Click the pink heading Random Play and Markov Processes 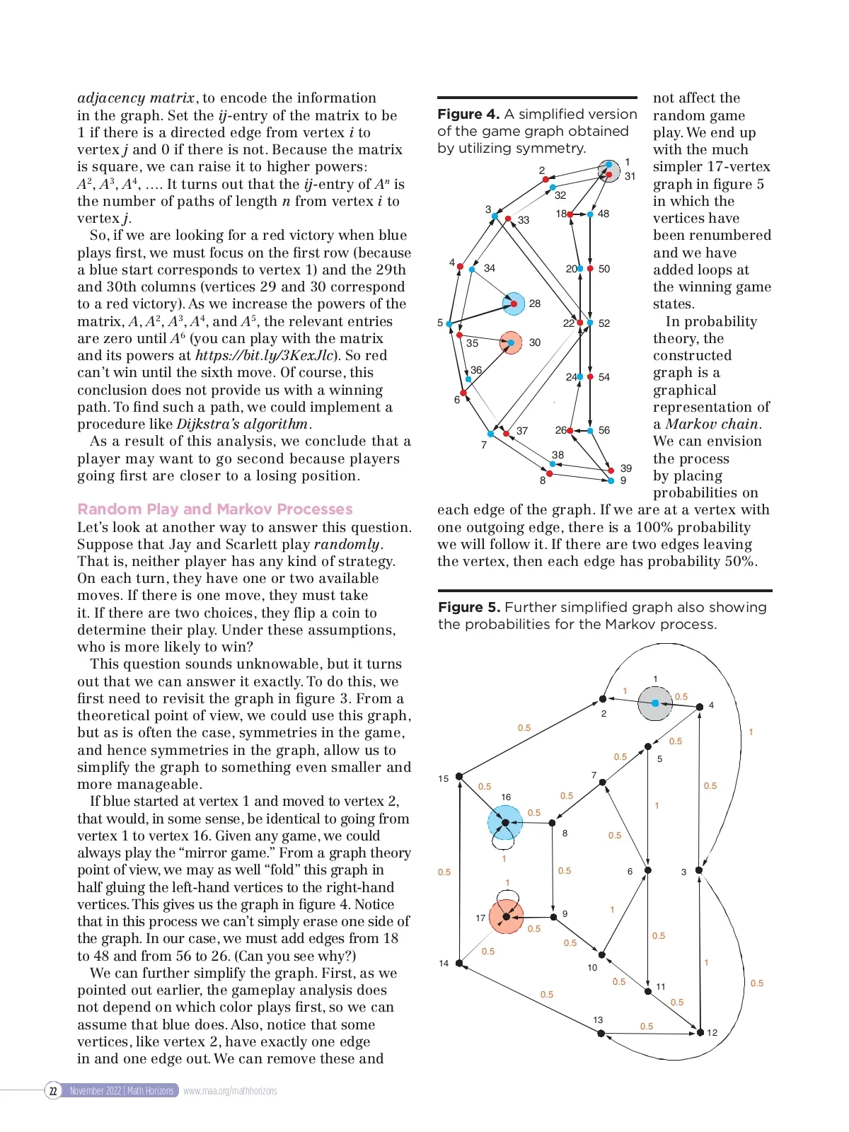[x=214, y=509]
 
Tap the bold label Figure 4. [x=468, y=115]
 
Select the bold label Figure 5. [x=469, y=608]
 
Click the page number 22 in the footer [x=53, y=1091]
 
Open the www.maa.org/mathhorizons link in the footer [x=230, y=1091]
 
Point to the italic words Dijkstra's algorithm [x=242, y=424]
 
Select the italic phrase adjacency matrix [x=136, y=98]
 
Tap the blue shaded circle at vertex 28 [x=514, y=304]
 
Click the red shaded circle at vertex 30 [x=511, y=343]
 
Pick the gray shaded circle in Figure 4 [x=608, y=171]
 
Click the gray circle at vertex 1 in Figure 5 [x=654, y=703]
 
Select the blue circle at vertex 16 [x=504, y=823]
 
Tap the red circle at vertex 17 [x=506, y=917]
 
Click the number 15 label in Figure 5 [x=443, y=779]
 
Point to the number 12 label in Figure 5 [x=712, y=1033]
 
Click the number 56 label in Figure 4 [x=603, y=430]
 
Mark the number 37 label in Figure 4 [x=522, y=431]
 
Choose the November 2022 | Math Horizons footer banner [x=122, y=1091]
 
